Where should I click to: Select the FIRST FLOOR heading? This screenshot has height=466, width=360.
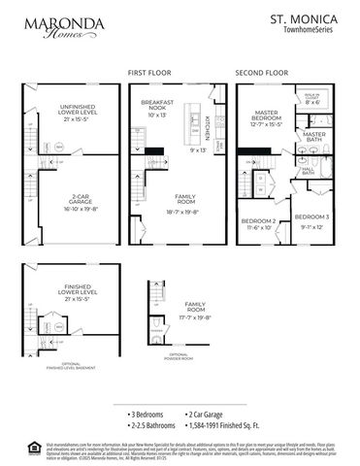[x=150, y=73]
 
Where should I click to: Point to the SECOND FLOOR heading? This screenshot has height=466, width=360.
[x=262, y=73]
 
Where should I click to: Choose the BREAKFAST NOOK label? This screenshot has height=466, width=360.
[x=157, y=107]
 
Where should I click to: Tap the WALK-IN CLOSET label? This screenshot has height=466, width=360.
[x=324, y=98]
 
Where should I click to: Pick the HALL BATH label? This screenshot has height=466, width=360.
[x=308, y=172]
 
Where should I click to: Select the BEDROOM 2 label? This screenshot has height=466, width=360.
[x=260, y=224]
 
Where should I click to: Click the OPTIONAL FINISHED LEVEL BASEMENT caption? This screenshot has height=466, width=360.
[x=55, y=366]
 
